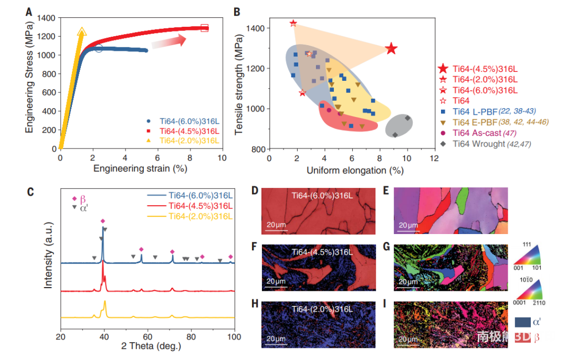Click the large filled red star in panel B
pyautogui.click(x=391, y=49)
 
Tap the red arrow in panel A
pyautogui.click(x=169, y=41)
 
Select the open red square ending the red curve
pyautogui.click(x=205, y=27)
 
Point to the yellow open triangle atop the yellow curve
pyautogui.click(x=81, y=33)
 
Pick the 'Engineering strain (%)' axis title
pyautogui.click(x=140, y=168)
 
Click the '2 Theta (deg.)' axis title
pyautogui.click(x=149, y=346)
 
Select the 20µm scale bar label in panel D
pyautogui.click(x=276, y=225)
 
